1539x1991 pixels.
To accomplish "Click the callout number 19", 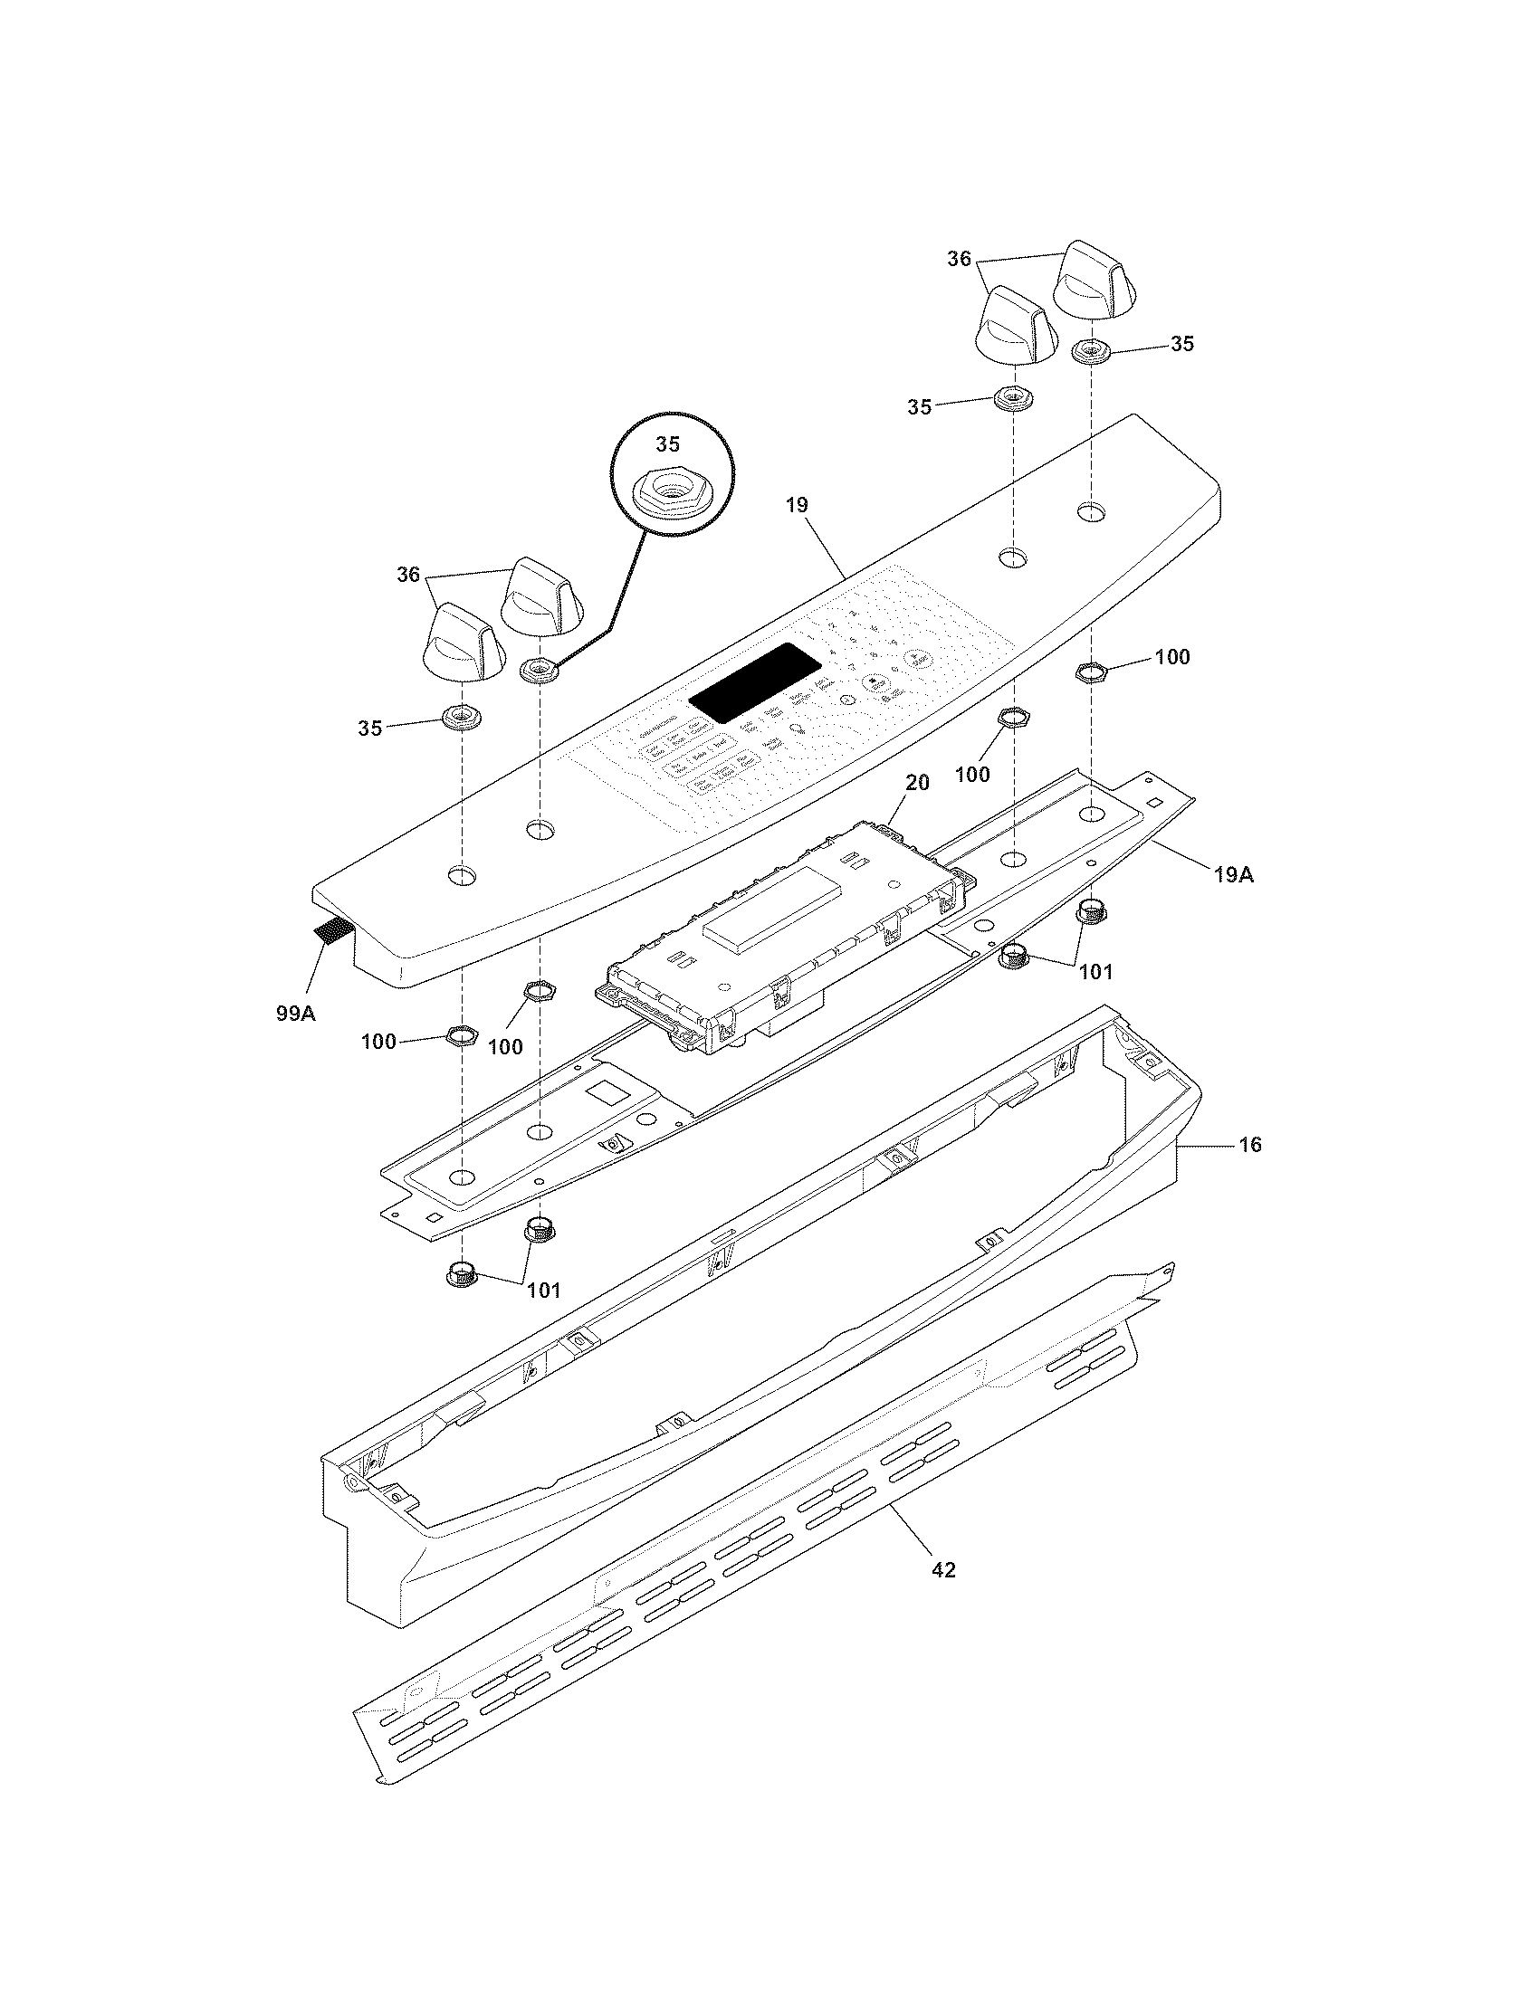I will (797, 505).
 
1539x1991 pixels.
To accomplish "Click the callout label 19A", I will (1233, 875).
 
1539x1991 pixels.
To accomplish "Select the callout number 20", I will (917, 782).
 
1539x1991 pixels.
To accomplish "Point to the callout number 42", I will (943, 1570).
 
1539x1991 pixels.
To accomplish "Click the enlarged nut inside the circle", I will (671, 496).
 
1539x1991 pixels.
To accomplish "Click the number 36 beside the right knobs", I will (959, 259).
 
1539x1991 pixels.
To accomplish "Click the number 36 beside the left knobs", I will (407, 575).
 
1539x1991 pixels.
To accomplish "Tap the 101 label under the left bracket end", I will (542, 1290).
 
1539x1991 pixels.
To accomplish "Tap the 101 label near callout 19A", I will (1096, 972).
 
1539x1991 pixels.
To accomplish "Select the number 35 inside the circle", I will (667, 444).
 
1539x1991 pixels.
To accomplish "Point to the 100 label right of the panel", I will (1171, 656).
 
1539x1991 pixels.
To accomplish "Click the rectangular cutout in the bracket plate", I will (604, 1091).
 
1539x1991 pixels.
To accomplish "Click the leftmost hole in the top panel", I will (462, 876).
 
